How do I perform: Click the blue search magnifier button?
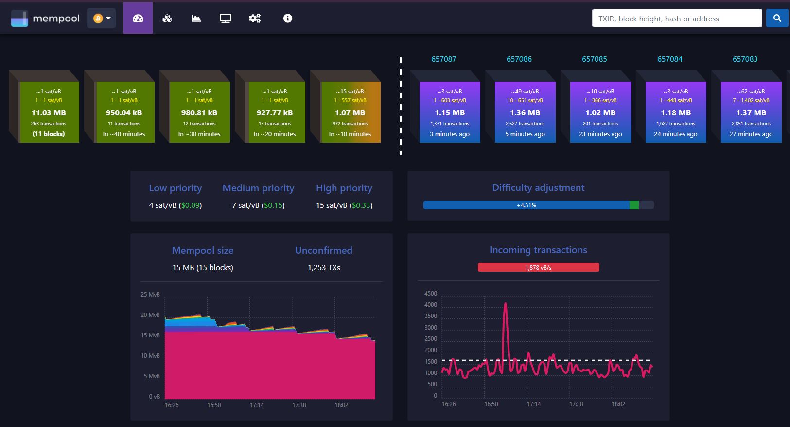777,18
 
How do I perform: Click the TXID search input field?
677,18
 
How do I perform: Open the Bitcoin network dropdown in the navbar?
102,18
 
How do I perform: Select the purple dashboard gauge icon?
138,18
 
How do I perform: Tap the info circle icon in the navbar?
287,18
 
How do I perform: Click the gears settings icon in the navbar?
255,18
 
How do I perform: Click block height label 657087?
444,59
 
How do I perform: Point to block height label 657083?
745,59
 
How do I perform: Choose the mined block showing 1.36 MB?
525,112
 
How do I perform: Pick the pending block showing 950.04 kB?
124,112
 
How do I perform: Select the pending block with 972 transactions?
350,112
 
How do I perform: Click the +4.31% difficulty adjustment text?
527,205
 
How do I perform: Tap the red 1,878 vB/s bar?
539,267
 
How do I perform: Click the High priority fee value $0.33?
361,205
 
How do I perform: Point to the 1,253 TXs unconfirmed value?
324,267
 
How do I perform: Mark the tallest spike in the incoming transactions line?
506,303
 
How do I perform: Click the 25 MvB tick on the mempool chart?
150,294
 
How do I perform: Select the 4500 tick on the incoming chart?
431,294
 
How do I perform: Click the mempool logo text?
56,19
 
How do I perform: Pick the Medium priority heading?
258,188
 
